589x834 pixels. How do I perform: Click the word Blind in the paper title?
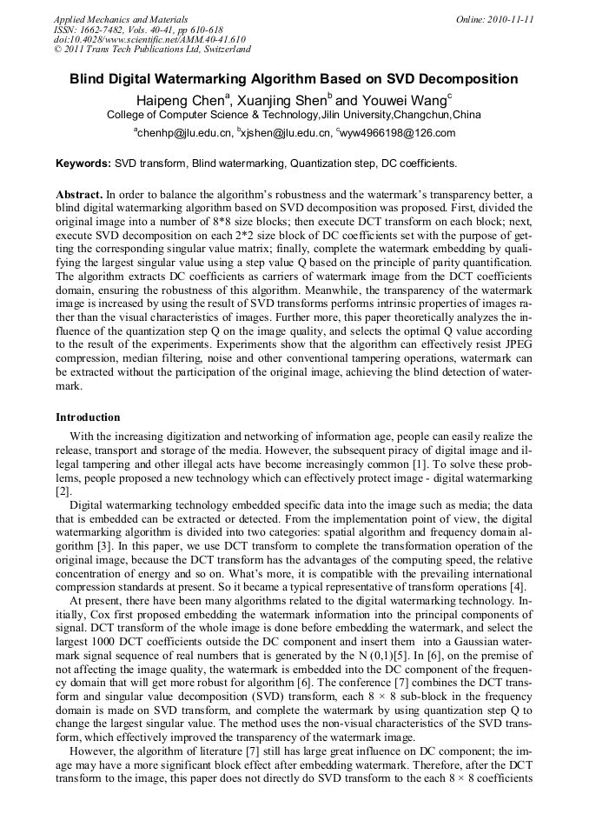pos(88,79)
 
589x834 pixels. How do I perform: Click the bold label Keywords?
pos(83,163)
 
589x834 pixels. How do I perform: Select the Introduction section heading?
pos(88,417)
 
